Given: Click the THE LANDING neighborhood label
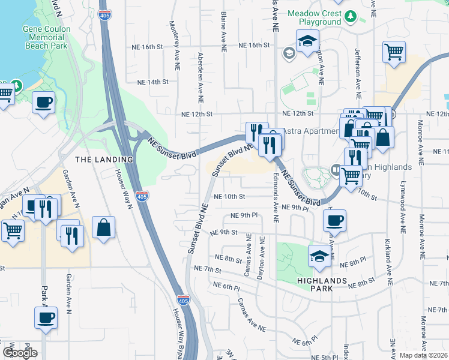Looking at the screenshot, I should click(104, 159).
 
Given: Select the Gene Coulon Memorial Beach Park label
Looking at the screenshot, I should click(46, 37).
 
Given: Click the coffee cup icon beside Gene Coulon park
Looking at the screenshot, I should click(44, 103).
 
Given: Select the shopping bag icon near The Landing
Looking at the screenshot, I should click(104, 227).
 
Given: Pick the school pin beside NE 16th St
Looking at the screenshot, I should click(308, 42).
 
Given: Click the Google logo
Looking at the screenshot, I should click(20, 353).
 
